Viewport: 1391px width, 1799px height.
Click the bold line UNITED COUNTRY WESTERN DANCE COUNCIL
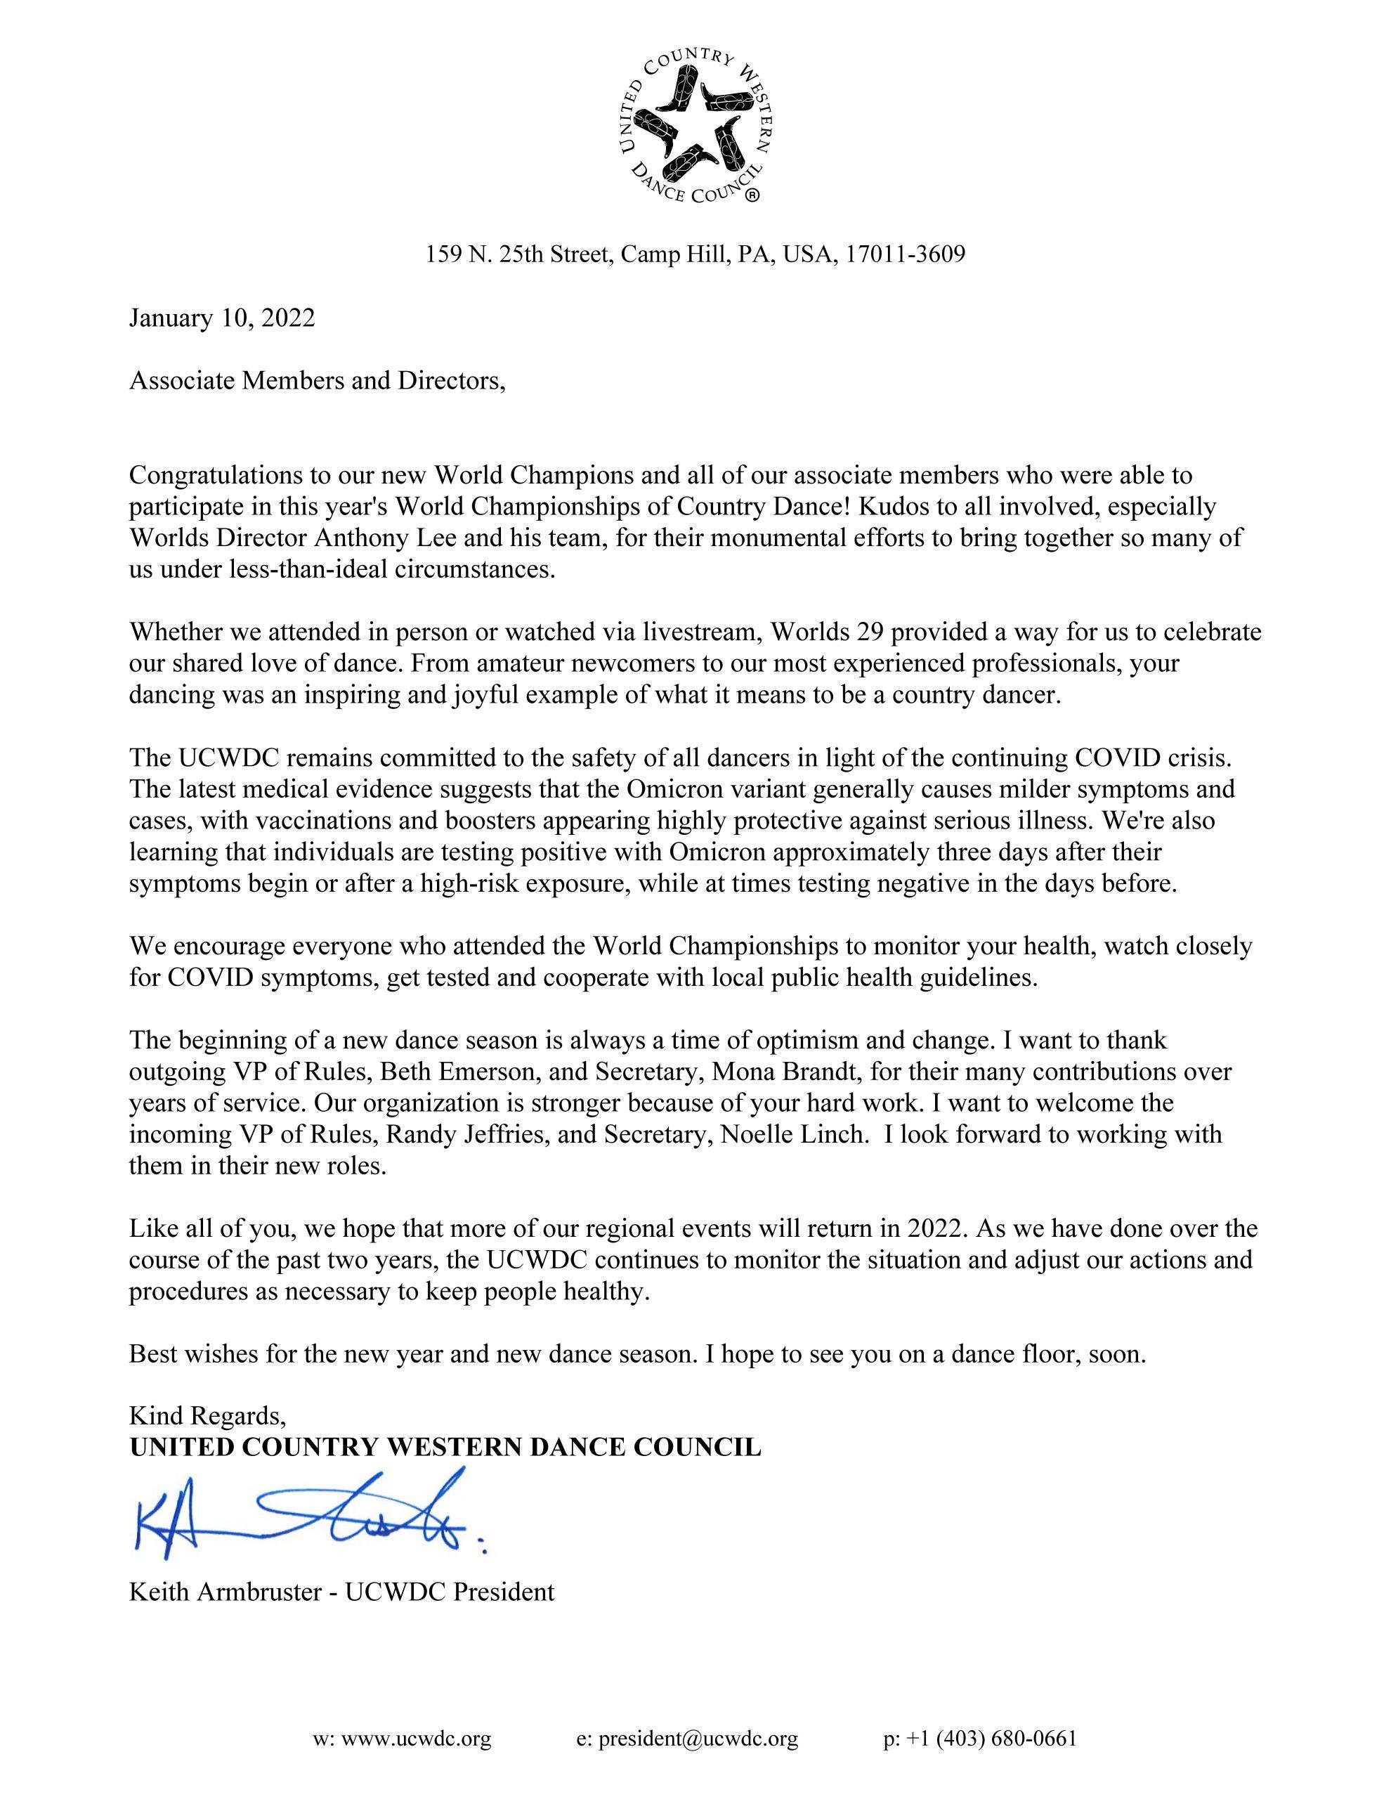pyautogui.click(x=445, y=1447)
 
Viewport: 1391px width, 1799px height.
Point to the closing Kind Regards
pyautogui.click(x=207, y=1416)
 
